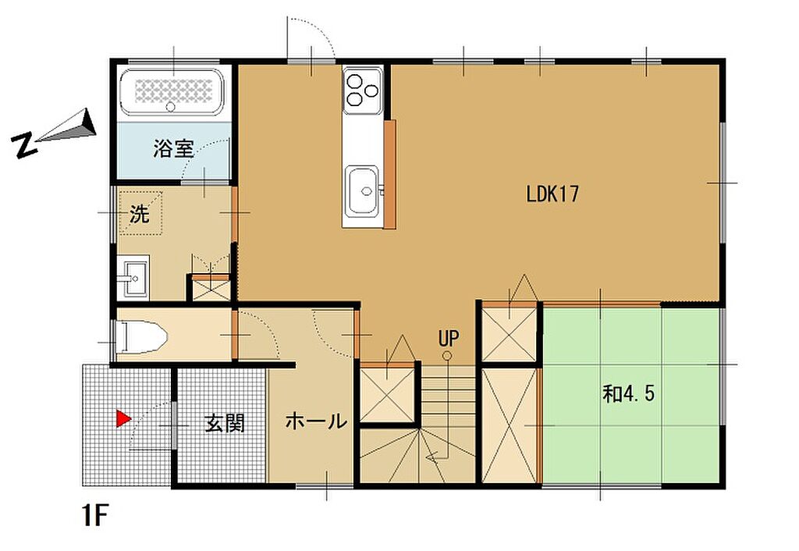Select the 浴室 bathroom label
point(172,148)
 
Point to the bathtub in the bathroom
point(174,91)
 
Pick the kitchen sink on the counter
point(362,190)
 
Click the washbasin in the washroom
point(133,277)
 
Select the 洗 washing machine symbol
point(140,213)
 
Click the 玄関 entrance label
point(225,424)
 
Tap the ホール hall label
point(315,422)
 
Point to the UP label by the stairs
point(448,339)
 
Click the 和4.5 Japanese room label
point(627,393)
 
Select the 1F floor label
point(96,516)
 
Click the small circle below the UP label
point(448,356)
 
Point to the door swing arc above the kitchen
point(312,35)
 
